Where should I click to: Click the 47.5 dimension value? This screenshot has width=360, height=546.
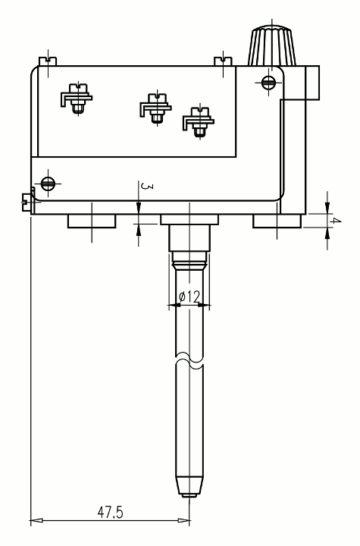pyautogui.click(x=111, y=512)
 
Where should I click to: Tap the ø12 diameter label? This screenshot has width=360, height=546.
pyautogui.click(x=189, y=297)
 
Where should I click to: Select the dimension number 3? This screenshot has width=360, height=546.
pyautogui.click(x=146, y=187)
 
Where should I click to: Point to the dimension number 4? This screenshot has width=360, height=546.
pyautogui.click(x=336, y=221)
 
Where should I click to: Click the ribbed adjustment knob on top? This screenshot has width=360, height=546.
pyautogui.click(x=272, y=45)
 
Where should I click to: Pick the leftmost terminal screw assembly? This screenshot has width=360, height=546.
pyautogui.click(x=77, y=99)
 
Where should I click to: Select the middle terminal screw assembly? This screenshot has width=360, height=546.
pyautogui.click(x=156, y=108)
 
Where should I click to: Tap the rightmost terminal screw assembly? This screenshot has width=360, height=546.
pyautogui.click(x=199, y=122)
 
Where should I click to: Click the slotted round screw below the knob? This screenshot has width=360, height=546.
pyautogui.click(x=268, y=83)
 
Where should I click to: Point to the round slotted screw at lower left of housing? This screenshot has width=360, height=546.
pyautogui.click(x=48, y=184)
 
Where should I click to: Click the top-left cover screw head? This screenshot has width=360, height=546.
pyautogui.click(x=48, y=61)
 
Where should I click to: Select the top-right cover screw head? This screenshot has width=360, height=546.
pyautogui.click(x=223, y=61)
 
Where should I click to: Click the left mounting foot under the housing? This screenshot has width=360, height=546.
pyautogui.click(x=92, y=221)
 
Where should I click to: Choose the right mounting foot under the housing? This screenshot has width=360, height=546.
pyautogui.click(x=277, y=221)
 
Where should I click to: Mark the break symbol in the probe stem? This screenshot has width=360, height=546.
pyautogui.click(x=189, y=360)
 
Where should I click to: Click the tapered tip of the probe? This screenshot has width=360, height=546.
pyautogui.click(x=189, y=486)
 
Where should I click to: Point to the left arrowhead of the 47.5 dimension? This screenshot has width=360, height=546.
pyautogui.click(x=36, y=521)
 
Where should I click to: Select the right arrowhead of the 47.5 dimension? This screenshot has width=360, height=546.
pyautogui.click(x=184, y=521)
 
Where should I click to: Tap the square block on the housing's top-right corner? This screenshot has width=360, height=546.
pyautogui.click(x=312, y=83)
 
